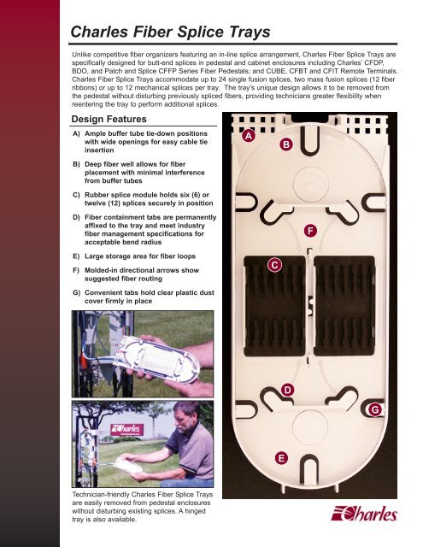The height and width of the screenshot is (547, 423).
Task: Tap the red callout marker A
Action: click(248, 136)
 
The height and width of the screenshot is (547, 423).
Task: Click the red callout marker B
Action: click(285, 146)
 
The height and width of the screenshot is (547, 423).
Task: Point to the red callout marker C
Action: click(274, 265)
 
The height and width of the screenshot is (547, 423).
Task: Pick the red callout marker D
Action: click(289, 391)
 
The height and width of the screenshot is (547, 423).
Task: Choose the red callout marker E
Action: click(282, 459)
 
